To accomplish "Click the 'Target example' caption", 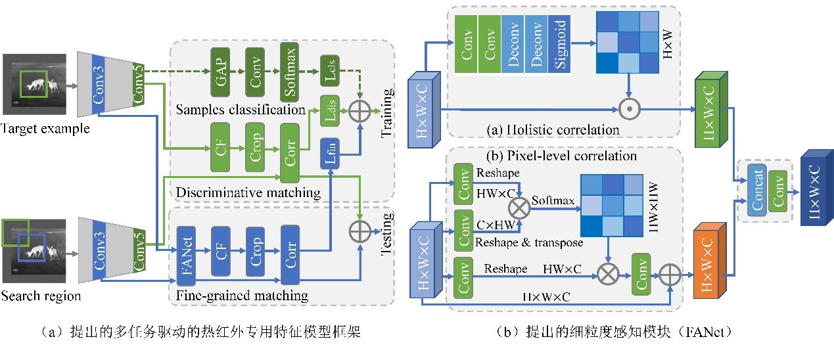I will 45,129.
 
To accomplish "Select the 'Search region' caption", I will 41,296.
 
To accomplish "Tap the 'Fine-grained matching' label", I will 243,296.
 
